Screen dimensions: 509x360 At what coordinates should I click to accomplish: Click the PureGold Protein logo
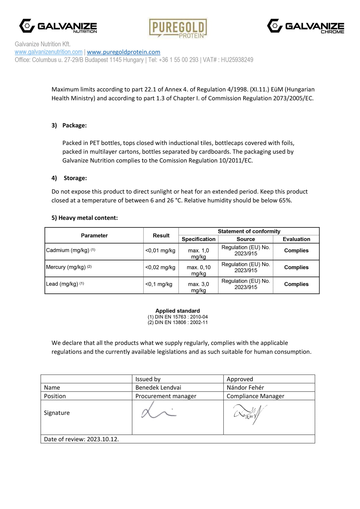(178, 28)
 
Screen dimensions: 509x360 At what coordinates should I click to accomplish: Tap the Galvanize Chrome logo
(305, 26)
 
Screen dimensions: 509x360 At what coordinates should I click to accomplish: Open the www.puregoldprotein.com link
(123, 52)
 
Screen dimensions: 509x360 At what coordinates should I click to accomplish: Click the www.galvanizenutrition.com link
(49, 52)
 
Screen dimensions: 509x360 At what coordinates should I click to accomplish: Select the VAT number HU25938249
(237, 60)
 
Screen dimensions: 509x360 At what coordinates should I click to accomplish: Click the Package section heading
(74, 125)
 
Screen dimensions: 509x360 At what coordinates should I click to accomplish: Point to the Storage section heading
(75, 178)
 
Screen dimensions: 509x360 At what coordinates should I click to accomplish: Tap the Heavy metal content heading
(84, 218)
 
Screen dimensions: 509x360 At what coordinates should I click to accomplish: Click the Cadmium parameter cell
(70, 250)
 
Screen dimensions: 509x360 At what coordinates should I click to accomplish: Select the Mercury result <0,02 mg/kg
(160, 267)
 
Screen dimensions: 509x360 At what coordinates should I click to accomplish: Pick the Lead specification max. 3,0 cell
(198, 287)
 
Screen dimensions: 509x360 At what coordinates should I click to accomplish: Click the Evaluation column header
(296, 239)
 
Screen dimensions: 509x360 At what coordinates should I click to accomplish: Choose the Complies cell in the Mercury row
(296, 267)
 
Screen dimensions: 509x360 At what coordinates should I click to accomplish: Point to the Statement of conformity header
(249, 231)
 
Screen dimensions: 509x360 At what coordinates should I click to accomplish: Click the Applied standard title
(177, 311)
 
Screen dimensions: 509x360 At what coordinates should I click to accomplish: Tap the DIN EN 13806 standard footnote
(177, 322)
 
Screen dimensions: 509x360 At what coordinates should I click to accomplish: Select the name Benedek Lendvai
(158, 388)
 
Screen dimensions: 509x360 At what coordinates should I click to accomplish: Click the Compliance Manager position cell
(255, 396)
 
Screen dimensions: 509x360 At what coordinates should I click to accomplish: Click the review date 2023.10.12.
(103, 439)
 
